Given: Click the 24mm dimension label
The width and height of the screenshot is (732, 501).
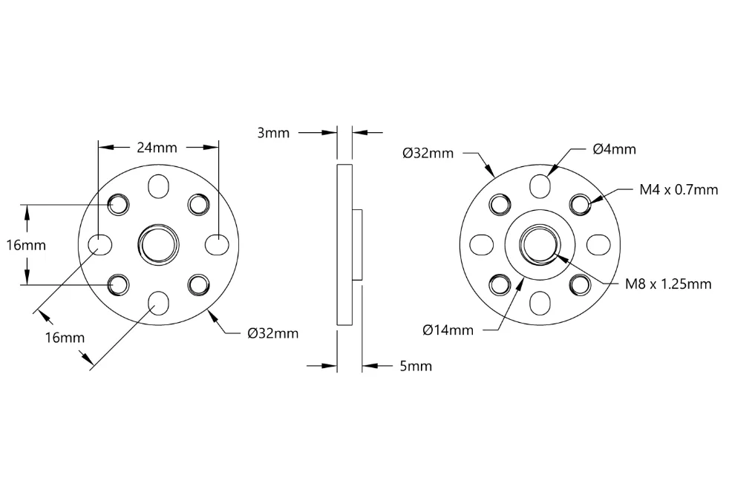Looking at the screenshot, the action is click(157, 148).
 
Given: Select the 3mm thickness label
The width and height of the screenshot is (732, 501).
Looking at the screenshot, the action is click(273, 133).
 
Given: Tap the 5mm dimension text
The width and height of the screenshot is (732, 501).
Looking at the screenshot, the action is click(416, 366).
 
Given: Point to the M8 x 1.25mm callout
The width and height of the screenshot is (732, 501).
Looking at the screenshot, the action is click(668, 284).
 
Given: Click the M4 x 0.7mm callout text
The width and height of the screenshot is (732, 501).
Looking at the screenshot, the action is click(679, 189).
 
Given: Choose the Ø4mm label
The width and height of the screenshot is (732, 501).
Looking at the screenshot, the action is click(615, 149).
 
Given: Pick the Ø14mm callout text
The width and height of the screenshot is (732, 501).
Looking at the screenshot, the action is click(448, 330).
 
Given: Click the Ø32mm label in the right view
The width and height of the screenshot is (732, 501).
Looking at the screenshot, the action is click(428, 153).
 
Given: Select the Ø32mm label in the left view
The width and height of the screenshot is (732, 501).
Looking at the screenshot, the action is click(273, 333).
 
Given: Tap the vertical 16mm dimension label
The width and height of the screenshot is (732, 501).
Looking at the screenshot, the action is click(26, 245).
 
